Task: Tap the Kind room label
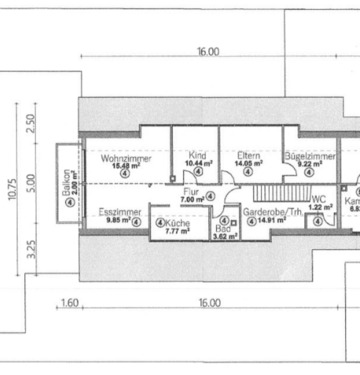point(197,155)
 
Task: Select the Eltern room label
point(248,155)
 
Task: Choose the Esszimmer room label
point(116,212)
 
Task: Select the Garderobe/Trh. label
point(267,213)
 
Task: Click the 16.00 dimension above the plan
point(208,51)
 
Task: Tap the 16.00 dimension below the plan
point(208,301)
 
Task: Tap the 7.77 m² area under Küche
point(163,231)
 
